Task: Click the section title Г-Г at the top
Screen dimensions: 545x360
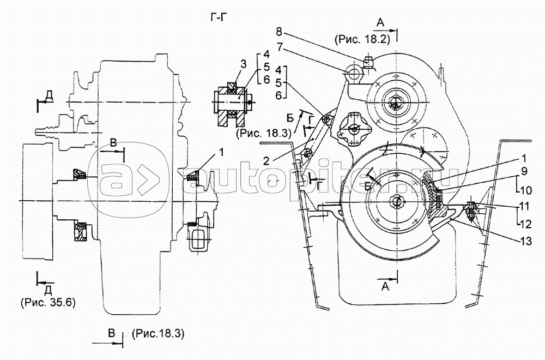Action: (219, 17)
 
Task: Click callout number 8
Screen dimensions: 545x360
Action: (279, 32)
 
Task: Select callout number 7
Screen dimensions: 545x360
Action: (279, 46)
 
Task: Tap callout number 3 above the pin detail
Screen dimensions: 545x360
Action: (243, 64)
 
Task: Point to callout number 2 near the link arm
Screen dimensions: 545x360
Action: (267, 160)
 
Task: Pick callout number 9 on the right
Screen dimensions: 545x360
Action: (524, 171)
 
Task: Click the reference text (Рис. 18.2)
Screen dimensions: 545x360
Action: (362, 39)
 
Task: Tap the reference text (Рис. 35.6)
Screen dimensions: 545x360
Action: (48, 302)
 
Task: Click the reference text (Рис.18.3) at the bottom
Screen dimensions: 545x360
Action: (158, 334)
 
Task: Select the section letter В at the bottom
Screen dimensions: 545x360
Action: (111, 333)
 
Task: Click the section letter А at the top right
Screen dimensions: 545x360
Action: (380, 22)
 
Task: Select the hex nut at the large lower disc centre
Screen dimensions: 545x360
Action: (397, 201)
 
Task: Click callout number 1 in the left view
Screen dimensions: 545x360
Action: (221, 152)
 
